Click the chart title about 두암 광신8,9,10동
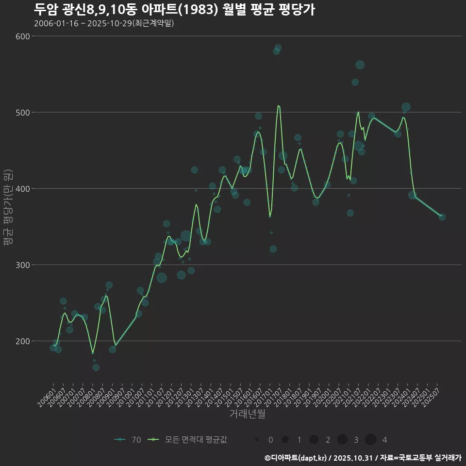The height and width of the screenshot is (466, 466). [175, 10]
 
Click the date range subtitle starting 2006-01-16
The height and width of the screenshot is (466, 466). [104, 24]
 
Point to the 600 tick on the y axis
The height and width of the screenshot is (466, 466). [24, 36]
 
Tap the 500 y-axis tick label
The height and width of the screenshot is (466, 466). [24, 113]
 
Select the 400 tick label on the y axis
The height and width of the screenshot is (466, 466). [24, 189]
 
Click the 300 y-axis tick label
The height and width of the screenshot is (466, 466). [24, 265]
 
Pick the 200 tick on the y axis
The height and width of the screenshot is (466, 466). [24, 341]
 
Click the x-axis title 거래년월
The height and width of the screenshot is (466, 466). [247, 414]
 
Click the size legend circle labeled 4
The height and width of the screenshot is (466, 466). [371, 440]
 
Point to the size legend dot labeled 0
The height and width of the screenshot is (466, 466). [256, 440]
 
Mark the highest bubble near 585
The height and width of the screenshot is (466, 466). [278, 48]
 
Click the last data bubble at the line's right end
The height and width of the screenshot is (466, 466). [442, 217]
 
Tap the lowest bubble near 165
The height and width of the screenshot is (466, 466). [96, 367]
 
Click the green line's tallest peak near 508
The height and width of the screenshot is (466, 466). [278, 105]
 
